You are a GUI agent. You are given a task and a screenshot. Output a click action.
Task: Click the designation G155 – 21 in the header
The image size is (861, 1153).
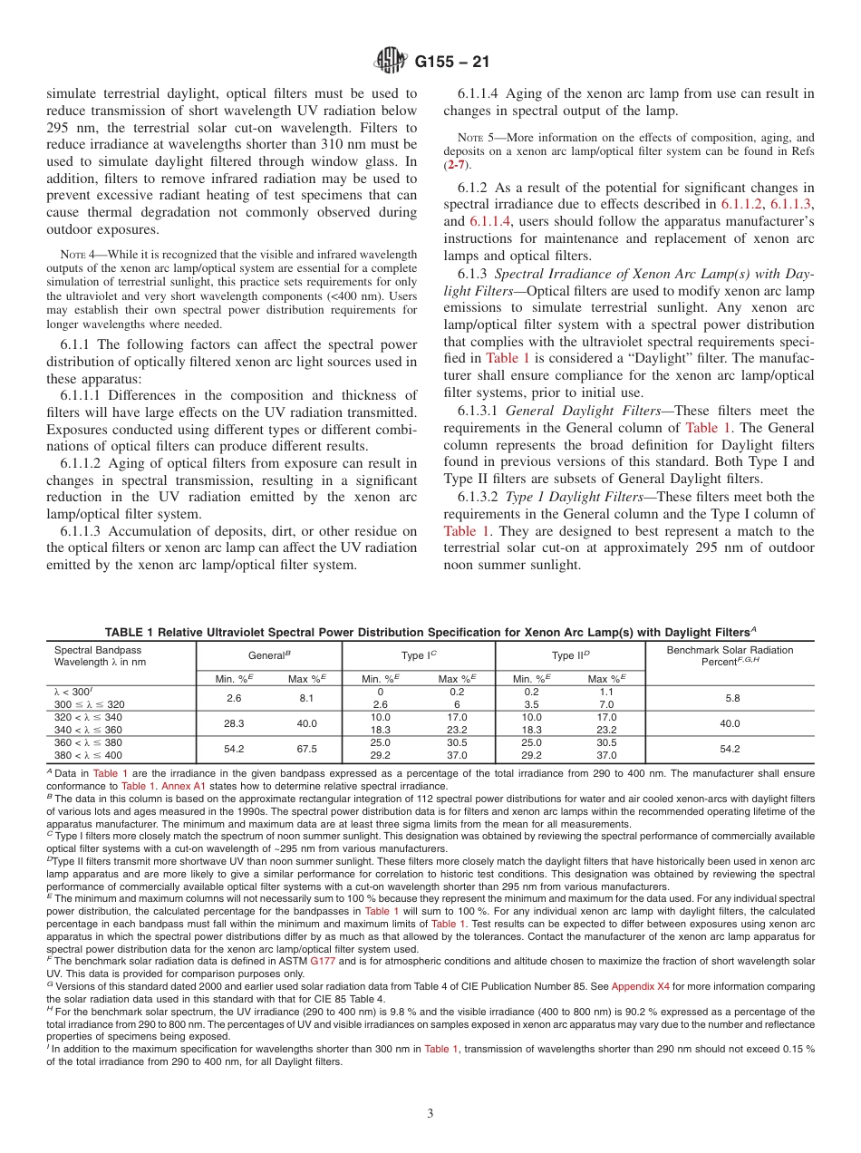450,62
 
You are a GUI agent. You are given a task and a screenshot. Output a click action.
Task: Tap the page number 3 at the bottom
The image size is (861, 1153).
430,1113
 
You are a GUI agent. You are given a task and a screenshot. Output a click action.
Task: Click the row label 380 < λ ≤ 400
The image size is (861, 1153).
88,755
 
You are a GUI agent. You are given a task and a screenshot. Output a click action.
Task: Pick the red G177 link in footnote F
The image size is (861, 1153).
322,960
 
